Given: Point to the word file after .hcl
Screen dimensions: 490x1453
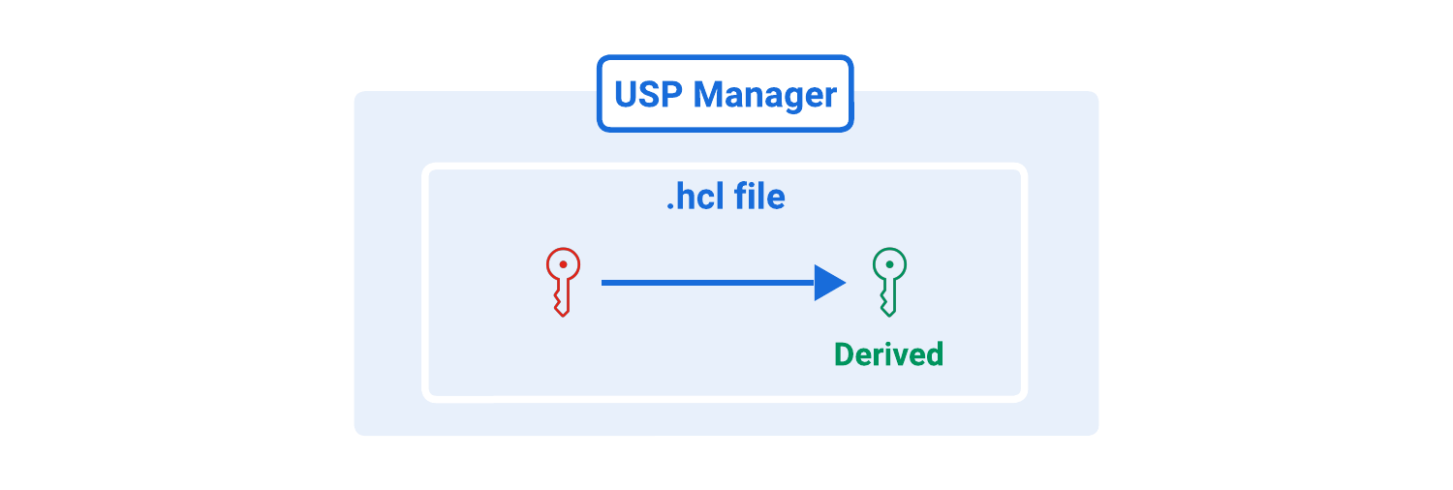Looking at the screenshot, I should click(758, 198).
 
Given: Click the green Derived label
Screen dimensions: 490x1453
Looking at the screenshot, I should click(888, 354).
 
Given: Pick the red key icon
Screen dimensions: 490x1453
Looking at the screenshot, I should click(563, 282).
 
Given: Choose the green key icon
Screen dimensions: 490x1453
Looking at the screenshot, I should click(889, 282).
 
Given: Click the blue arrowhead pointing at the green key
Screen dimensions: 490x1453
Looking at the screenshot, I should click(829, 283).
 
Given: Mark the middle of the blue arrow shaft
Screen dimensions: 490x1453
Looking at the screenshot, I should click(708, 283).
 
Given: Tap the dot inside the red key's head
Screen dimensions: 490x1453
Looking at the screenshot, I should click(563, 263).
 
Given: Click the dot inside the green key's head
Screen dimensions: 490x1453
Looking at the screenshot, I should click(889, 263).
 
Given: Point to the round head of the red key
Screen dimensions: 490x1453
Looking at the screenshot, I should click(563, 264).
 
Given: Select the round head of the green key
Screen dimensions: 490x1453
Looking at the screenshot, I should click(889, 264).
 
